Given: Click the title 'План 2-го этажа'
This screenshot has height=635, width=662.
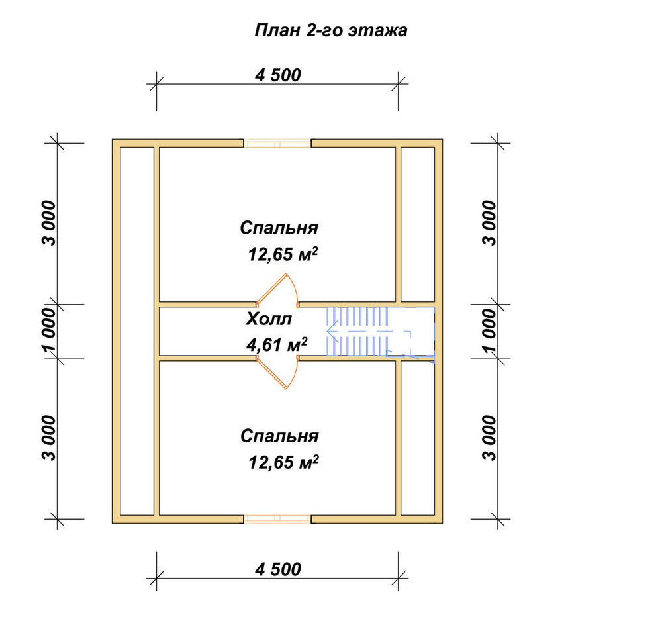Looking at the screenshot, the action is tap(330, 31).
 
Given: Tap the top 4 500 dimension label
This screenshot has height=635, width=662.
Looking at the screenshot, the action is tap(278, 75).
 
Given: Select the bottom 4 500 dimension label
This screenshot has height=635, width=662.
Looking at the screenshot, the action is tap(278, 569).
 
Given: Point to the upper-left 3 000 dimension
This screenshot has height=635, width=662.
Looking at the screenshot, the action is tap(50, 222).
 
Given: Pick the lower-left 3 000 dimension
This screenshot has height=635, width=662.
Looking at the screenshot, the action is tap(50, 438).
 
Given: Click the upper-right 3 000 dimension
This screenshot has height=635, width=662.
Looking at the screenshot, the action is tap(490, 222).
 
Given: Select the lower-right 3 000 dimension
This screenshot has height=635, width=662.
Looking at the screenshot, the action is tap(490, 438).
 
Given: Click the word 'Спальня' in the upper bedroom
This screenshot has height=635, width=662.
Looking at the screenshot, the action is tap(279, 228).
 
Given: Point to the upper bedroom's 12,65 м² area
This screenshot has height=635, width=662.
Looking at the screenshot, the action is tap(283, 254).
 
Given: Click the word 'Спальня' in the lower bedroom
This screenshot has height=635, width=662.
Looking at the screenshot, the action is tap(279, 436).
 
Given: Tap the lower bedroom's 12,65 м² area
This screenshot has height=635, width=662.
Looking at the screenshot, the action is tap(283, 462).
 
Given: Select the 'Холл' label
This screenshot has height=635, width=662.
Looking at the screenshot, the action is tap(269, 319).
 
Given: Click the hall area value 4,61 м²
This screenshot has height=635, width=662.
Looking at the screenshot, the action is tap(277, 345).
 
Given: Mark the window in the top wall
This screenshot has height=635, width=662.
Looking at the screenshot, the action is tap(277, 144).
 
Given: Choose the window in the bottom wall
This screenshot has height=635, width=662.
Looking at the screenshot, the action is tap(277, 519).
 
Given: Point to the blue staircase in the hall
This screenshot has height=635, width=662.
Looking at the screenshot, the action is tap(380, 332).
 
